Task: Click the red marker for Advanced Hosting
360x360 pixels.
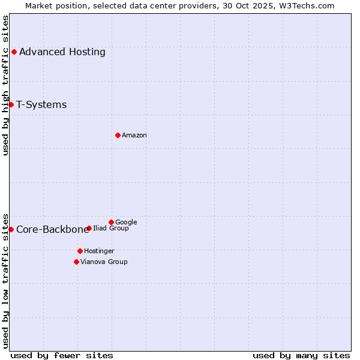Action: coord(14,52)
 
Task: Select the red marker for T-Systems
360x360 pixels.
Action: coord(11,104)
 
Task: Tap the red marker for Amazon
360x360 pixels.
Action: coord(118,135)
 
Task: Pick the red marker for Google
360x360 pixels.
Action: coord(111,222)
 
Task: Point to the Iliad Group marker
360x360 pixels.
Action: coord(89,228)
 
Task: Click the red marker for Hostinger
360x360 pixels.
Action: coord(80,251)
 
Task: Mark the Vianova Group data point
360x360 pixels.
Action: coord(76,262)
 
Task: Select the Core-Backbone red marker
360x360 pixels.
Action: coord(11,229)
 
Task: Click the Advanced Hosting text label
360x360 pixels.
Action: coord(62,52)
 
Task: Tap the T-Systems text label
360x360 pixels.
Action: coord(41,104)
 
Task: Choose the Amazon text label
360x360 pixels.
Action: coord(134,136)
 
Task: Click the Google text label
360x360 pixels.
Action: coord(126,222)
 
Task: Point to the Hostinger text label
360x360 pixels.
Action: coord(99,251)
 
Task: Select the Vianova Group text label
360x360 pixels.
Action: coord(104,262)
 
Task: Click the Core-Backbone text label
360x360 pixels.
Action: coord(52,229)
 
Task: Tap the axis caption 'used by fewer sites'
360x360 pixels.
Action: coord(62,355)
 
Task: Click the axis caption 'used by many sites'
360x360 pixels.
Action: coord(301,355)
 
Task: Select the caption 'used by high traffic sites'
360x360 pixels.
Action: coord(6,85)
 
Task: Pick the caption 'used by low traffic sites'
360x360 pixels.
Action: coord(6,280)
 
